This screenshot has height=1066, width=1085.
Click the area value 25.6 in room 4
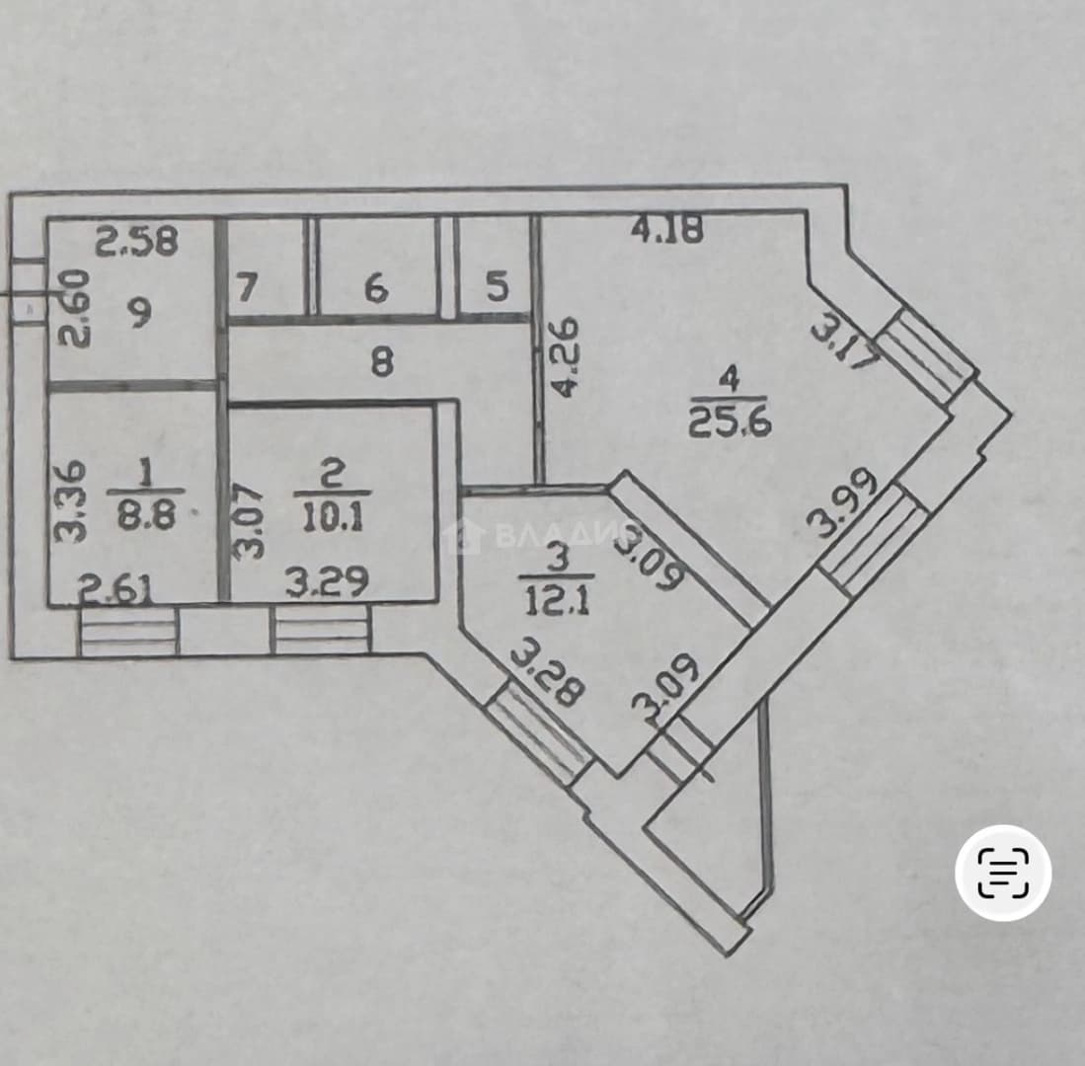click(x=730, y=422)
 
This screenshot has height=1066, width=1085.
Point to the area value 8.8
click(x=145, y=514)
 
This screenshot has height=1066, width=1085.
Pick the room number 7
click(x=247, y=287)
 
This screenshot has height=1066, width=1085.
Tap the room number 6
click(x=376, y=288)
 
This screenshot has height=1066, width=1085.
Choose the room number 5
click(x=498, y=286)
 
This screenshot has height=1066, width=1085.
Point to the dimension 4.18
click(x=667, y=229)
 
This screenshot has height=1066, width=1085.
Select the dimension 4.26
click(x=567, y=356)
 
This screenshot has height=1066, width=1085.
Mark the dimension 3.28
click(x=548, y=675)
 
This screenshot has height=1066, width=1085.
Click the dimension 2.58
click(x=136, y=241)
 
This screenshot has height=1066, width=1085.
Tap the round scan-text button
click(x=1003, y=873)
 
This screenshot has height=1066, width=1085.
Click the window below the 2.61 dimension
click(x=128, y=631)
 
